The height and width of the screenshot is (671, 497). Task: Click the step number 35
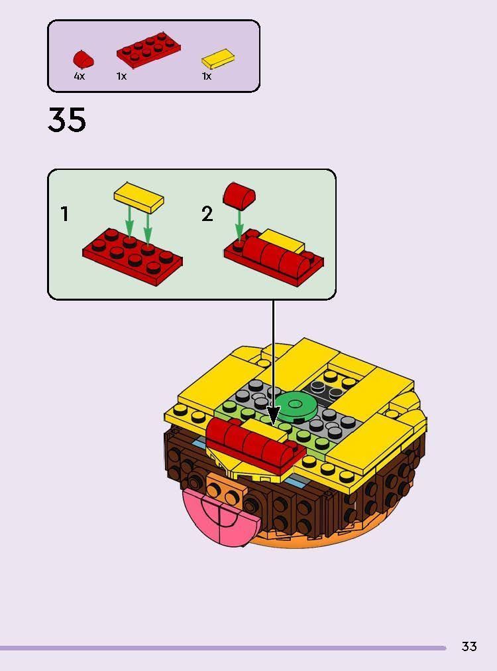[x=67, y=121]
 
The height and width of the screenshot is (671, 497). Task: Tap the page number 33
[x=469, y=646]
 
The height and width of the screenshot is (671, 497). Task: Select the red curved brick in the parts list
[x=83, y=59]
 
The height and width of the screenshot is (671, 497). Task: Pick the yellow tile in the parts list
[x=218, y=58]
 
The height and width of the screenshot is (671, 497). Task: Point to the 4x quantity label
[x=80, y=76]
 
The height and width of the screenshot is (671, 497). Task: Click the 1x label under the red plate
[x=121, y=76]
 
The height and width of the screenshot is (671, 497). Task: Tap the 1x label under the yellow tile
[x=207, y=76]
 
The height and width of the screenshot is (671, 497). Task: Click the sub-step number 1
[x=64, y=214]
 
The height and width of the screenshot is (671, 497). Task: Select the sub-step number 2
[x=207, y=214]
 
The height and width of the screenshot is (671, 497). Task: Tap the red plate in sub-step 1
[x=133, y=256]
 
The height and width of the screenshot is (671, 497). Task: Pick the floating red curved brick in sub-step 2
[x=239, y=194]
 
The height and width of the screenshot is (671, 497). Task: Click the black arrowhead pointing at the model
[x=273, y=417]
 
